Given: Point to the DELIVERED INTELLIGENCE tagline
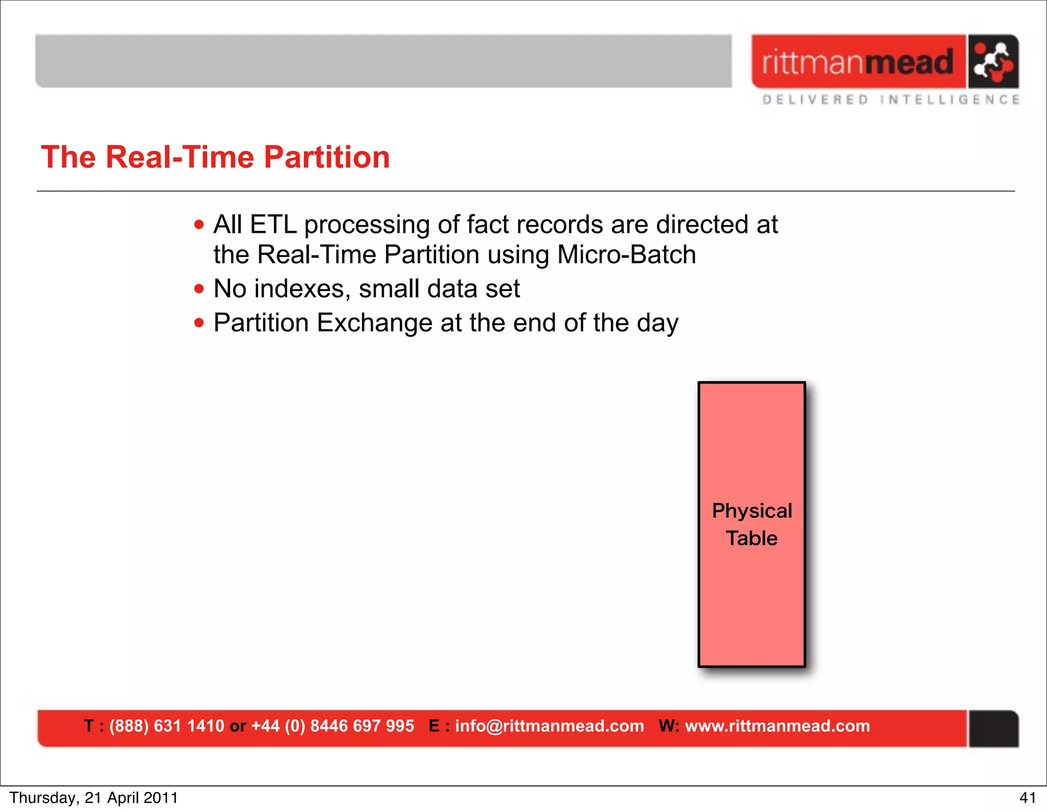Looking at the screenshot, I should click(891, 100).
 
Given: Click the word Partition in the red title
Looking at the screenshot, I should click(327, 157).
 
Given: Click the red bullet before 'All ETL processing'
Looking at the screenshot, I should click(199, 225).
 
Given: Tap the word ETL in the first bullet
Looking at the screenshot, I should click(273, 225).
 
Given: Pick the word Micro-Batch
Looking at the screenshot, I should click(626, 255).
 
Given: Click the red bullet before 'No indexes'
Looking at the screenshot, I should click(199, 289).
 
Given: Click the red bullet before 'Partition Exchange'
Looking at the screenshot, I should click(199, 323).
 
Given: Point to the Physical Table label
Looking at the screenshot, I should click(752, 524).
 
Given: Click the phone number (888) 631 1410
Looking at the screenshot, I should click(167, 726).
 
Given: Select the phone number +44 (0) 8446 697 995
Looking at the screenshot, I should click(332, 726).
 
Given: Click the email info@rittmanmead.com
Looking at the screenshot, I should click(549, 726).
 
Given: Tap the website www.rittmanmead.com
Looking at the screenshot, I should click(777, 726).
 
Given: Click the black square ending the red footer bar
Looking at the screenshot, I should click(993, 729).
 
